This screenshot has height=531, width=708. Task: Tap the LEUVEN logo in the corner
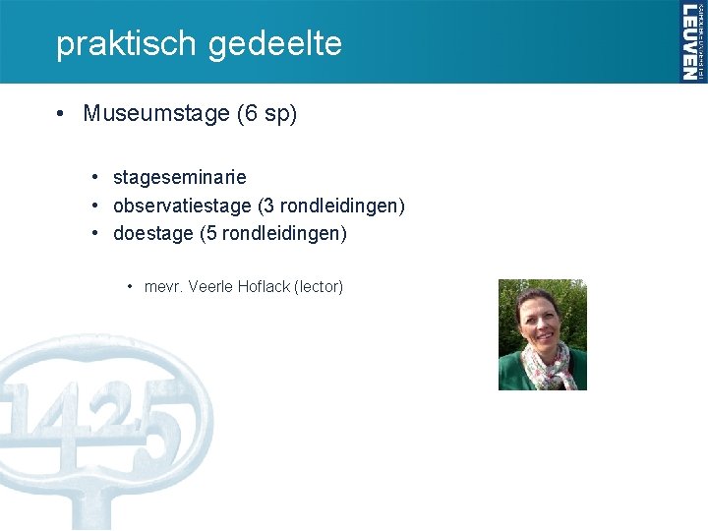click(691, 41)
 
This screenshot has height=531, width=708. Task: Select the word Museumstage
click(156, 114)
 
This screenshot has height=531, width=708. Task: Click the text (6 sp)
click(266, 114)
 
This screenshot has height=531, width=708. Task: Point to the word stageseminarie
click(180, 178)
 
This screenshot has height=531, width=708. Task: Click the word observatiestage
click(182, 206)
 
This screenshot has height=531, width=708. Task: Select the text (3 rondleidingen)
click(331, 206)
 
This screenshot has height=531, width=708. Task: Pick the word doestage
click(152, 235)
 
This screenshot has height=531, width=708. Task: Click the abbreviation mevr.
click(163, 287)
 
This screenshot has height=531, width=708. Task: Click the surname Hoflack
click(264, 287)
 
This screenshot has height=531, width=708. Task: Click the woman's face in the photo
click(539, 320)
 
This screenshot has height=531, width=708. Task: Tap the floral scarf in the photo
click(548, 367)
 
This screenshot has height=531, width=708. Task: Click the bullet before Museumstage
click(61, 114)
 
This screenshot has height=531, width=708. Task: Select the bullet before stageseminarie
click(94, 178)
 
